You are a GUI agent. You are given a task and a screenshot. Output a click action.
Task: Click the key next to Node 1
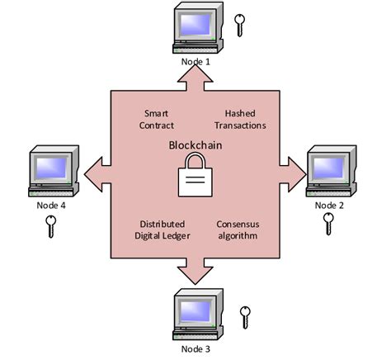pyautogui.click(x=241, y=26)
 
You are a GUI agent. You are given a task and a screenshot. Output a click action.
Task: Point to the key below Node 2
pyautogui.click(x=328, y=225)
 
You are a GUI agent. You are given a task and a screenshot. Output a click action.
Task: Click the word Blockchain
pyautogui.click(x=195, y=144)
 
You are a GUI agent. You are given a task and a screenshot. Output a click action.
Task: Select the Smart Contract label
pyautogui.click(x=158, y=120)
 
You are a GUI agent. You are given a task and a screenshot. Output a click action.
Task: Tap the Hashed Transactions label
pyautogui.click(x=245, y=120)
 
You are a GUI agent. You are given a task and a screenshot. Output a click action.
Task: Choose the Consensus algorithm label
pyautogui.click(x=238, y=230)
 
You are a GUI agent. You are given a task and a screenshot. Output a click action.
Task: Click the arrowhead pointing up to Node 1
pyautogui.click(x=195, y=75)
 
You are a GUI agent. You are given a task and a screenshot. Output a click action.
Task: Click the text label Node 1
pyautogui.click(x=195, y=61)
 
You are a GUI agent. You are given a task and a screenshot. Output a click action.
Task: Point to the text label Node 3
pyautogui.click(x=195, y=348)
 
